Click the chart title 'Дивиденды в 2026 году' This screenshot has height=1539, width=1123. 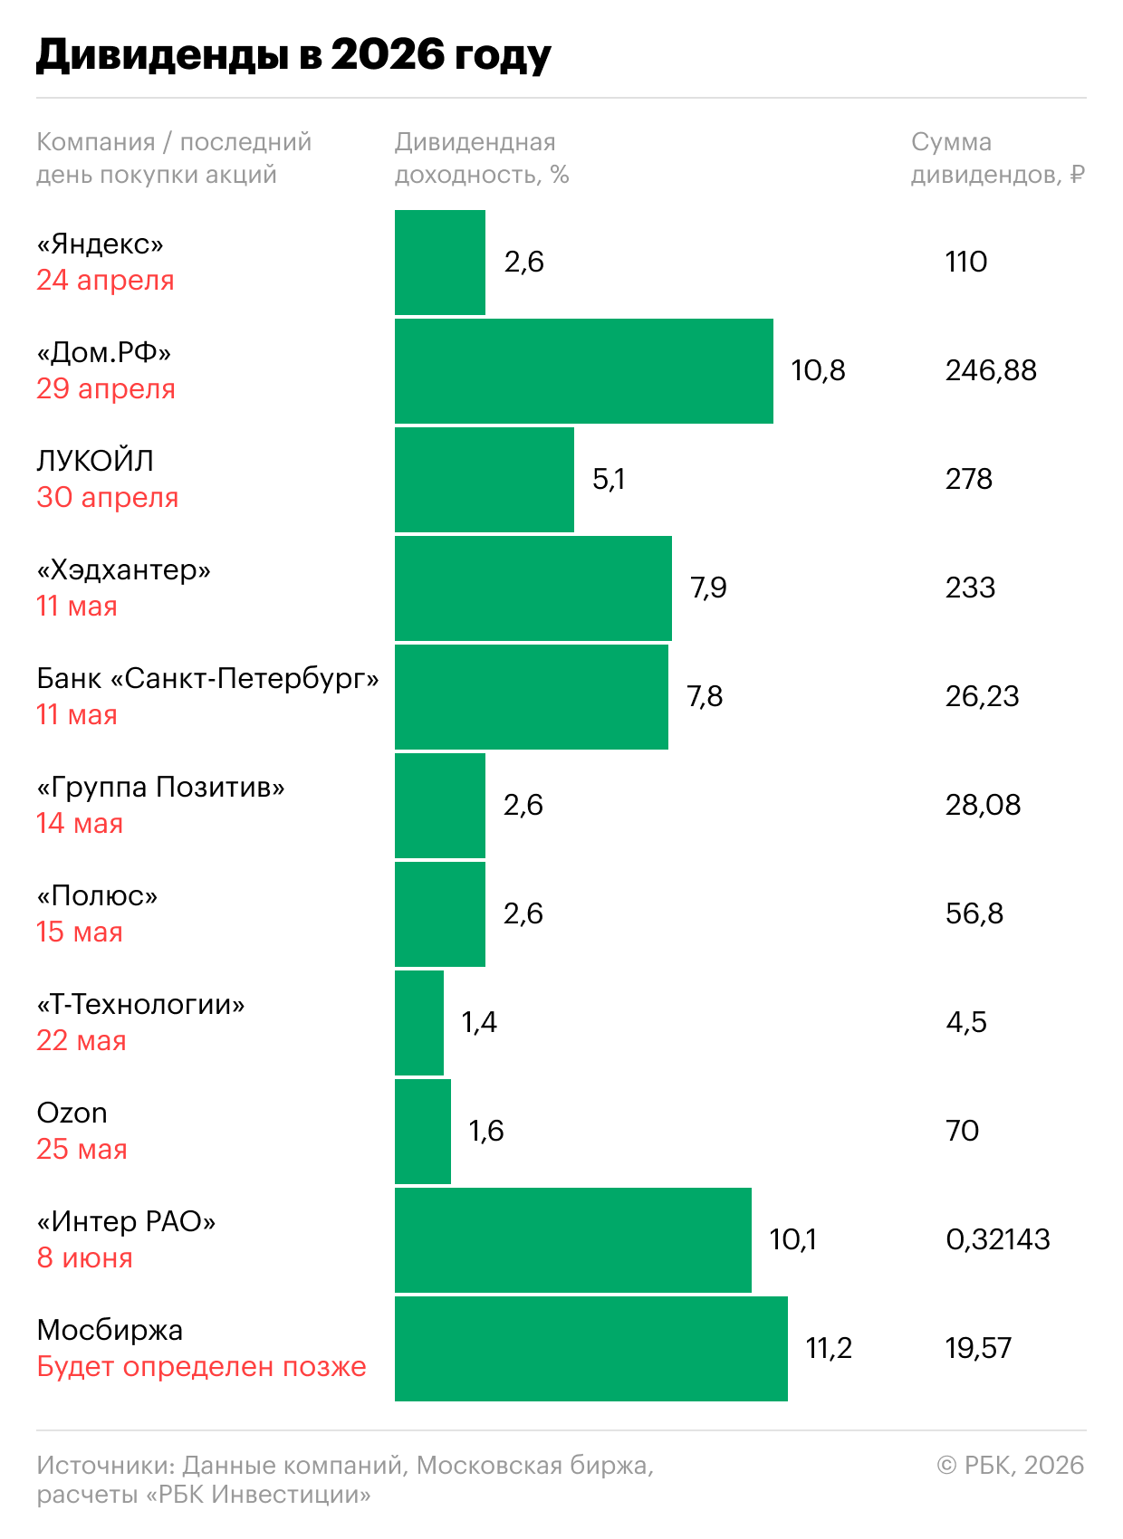(x=293, y=55)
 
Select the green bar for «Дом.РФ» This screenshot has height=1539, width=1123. (x=583, y=371)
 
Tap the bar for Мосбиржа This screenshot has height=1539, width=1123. (x=590, y=1349)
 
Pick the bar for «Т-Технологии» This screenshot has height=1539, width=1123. (x=419, y=1023)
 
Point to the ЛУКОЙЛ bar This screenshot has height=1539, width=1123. (x=484, y=480)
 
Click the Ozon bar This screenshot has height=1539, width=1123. (x=423, y=1132)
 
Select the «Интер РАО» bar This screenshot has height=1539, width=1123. (x=572, y=1240)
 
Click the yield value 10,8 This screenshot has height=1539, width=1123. (x=818, y=370)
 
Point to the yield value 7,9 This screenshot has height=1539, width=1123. (x=708, y=588)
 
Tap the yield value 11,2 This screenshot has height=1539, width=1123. (x=829, y=1348)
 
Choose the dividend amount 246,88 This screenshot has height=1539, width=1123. (x=991, y=370)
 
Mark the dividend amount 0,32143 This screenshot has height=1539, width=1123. (x=997, y=1239)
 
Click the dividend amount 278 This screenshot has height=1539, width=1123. (x=969, y=479)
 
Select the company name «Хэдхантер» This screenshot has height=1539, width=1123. (x=124, y=569)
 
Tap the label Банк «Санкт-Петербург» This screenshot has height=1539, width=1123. (x=207, y=678)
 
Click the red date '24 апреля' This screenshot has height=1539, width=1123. (x=105, y=281)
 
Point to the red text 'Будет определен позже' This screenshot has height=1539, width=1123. (x=201, y=1367)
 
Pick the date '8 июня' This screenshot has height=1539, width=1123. (x=84, y=1258)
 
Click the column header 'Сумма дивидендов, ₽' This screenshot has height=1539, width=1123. (x=997, y=158)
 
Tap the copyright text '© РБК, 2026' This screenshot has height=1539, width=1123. (x=1010, y=1465)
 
